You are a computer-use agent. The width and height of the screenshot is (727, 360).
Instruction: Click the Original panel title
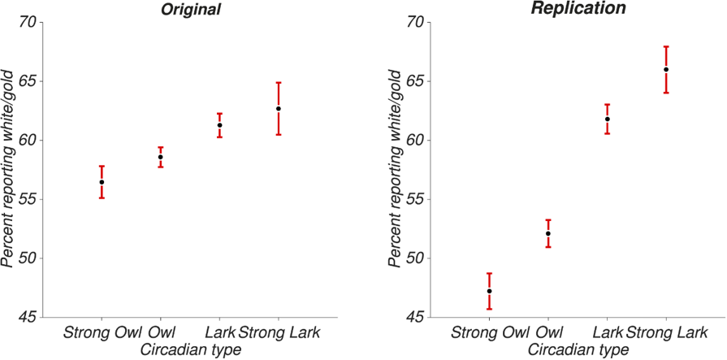point(190,10)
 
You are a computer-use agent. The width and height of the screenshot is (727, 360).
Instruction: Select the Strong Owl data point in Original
point(102,182)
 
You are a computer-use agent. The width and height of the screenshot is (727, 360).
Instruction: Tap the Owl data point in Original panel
point(160,157)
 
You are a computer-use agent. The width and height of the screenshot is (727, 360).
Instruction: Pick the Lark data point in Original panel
point(219,125)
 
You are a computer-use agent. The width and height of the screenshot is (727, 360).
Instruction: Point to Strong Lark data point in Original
point(278,109)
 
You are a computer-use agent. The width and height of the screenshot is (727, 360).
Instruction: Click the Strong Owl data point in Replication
point(489,291)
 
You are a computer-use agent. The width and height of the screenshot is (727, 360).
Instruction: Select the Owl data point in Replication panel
point(548,233)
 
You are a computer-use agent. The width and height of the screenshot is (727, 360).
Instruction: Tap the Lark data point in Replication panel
point(607,119)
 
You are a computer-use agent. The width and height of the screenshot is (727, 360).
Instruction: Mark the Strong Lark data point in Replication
point(666,70)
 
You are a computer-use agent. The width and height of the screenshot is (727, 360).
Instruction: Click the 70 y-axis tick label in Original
point(28,22)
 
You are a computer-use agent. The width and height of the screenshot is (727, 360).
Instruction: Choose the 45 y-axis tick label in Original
point(28,317)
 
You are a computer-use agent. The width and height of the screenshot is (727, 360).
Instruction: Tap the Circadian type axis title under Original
point(190,349)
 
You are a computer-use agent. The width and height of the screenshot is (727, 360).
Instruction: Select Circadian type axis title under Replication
point(578,349)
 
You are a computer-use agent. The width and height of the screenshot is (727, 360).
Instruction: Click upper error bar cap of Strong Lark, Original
point(278,83)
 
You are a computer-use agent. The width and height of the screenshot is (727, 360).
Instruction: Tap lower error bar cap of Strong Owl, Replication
point(489,309)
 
